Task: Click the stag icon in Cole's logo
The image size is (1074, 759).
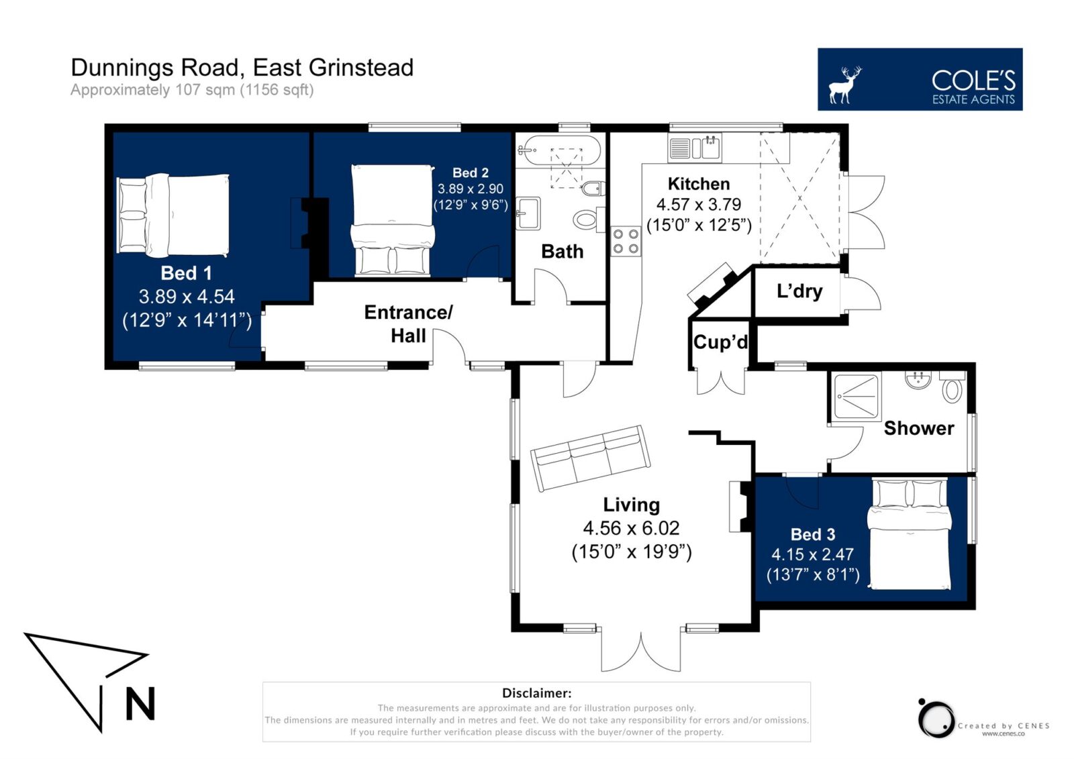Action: pyautogui.click(x=845, y=85)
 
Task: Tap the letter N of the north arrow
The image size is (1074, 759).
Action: pyautogui.click(x=140, y=703)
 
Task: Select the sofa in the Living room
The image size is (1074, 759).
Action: pyautogui.click(x=590, y=458)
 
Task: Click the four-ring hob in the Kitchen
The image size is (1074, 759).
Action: pyautogui.click(x=626, y=242)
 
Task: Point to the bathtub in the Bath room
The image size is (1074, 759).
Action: pyautogui.click(x=559, y=150)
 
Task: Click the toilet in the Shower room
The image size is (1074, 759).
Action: pyautogui.click(x=953, y=387)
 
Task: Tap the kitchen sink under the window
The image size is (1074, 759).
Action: pyautogui.click(x=695, y=147)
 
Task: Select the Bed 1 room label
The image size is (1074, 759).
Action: pyautogui.click(x=186, y=273)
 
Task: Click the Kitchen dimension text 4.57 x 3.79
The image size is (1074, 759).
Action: pyautogui.click(x=699, y=205)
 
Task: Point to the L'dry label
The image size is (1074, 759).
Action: pyautogui.click(x=799, y=291)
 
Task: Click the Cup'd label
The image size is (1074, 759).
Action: pyautogui.click(x=720, y=342)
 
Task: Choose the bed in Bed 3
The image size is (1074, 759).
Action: pyautogui.click(x=909, y=534)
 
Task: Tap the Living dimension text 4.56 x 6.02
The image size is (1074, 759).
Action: pyautogui.click(x=631, y=528)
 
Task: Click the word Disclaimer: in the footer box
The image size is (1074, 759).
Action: pyautogui.click(x=536, y=693)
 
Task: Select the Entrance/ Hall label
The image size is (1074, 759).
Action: pyautogui.click(x=408, y=324)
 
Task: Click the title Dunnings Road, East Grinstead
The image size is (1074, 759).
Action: pyautogui.click(x=242, y=68)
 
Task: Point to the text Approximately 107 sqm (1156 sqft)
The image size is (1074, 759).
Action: pyautogui.click(x=192, y=90)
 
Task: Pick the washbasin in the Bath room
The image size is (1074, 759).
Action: pyautogui.click(x=528, y=213)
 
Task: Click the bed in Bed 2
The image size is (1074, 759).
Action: pyautogui.click(x=392, y=221)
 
